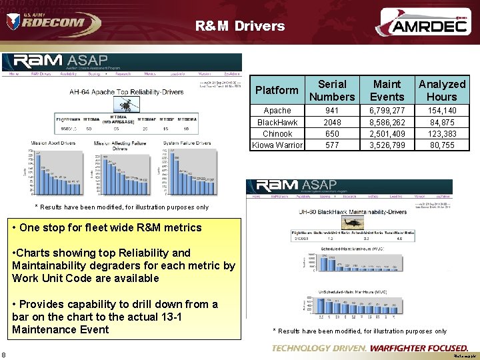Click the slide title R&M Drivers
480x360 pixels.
pos(240,27)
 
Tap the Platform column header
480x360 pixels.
pos(277,90)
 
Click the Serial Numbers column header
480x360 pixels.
pos(332,90)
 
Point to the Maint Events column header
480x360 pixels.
pos(387,90)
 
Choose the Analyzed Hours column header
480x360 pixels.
pos(442,90)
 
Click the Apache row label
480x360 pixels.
pos(277,111)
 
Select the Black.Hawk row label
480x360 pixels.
pos(277,123)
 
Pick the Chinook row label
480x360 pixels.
pos(277,134)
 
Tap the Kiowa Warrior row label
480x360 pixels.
pos(277,145)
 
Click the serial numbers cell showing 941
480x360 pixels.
pos(332,111)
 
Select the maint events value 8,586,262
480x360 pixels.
pos(387,123)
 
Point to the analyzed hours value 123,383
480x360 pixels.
pos(443,134)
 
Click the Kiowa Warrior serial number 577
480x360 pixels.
pos(332,145)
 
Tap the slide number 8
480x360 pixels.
pos(4,354)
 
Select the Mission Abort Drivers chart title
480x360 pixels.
pos(53,143)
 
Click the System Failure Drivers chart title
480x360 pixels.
pos(186,143)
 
